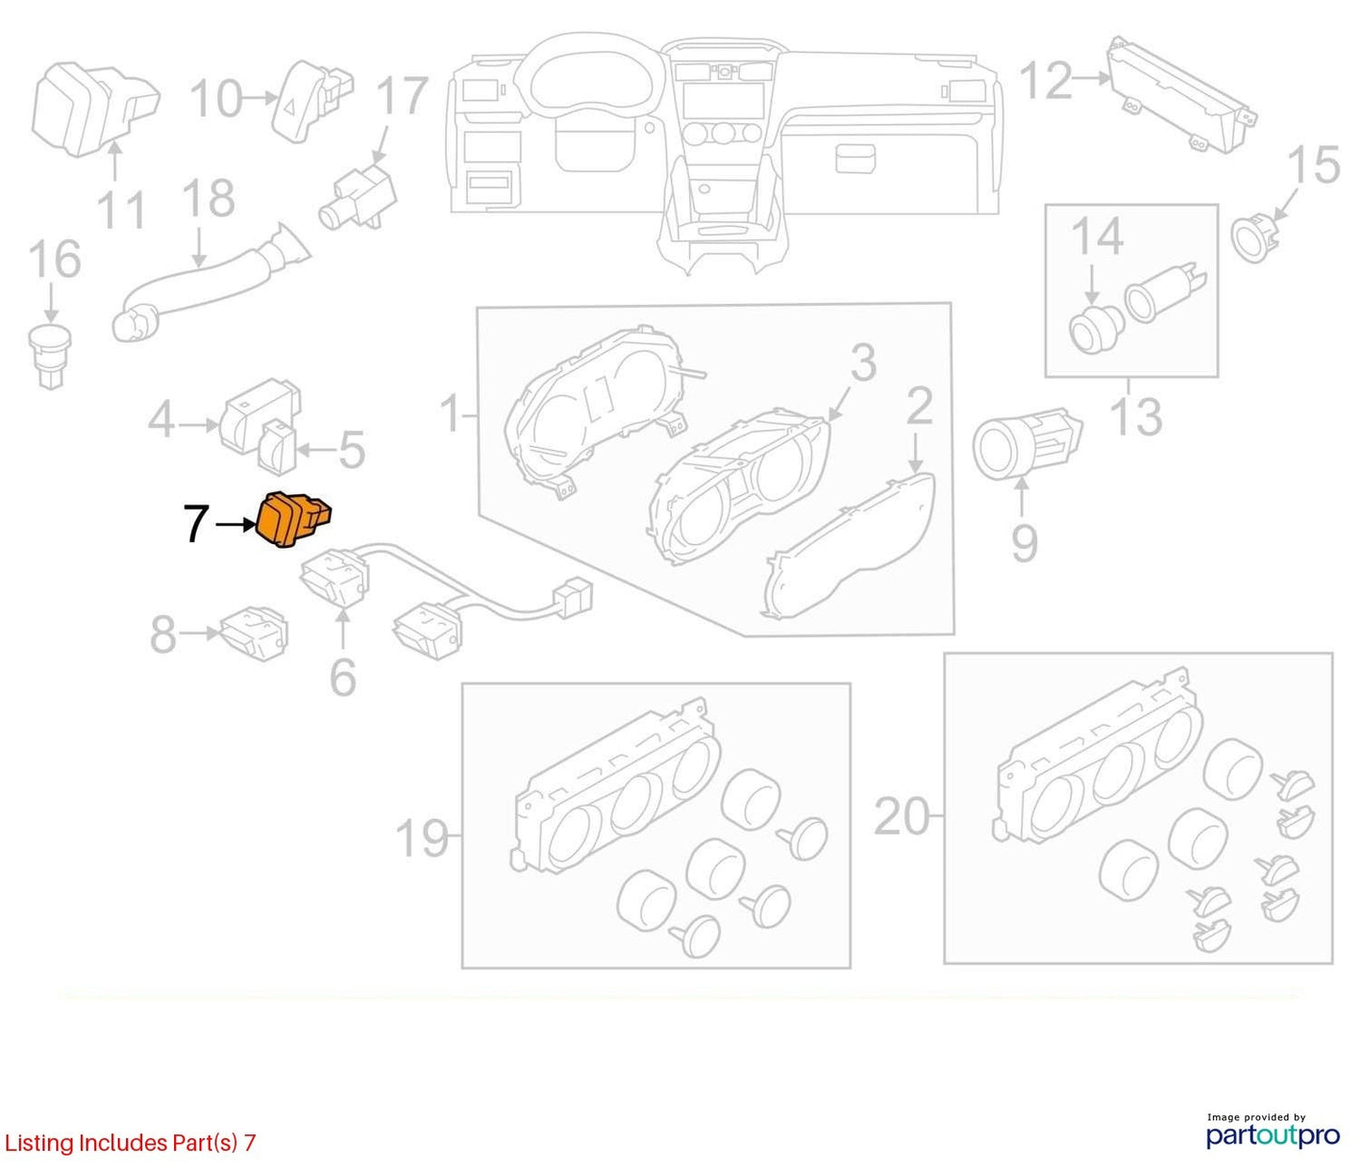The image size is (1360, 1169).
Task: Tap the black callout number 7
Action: pyautogui.click(x=196, y=524)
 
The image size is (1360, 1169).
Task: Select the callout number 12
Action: pyautogui.click(x=1047, y=81)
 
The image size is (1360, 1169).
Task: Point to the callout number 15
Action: pyautogui.click(x=1313, y=164)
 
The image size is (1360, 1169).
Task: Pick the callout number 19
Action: pyautogui.click(x=422, y=838)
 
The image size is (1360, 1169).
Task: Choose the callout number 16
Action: pyautogui.click(x=55, y=259)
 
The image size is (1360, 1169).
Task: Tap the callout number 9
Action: pyautogui.click(x=1024, y=543)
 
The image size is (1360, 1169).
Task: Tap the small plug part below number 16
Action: pyautogui.click(x=50, y=355)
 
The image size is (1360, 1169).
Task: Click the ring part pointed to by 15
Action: pyautogui.click(x=1256, y=237)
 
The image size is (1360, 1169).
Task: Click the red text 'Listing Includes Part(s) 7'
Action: pyautogui.click(x=130, y=1143)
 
